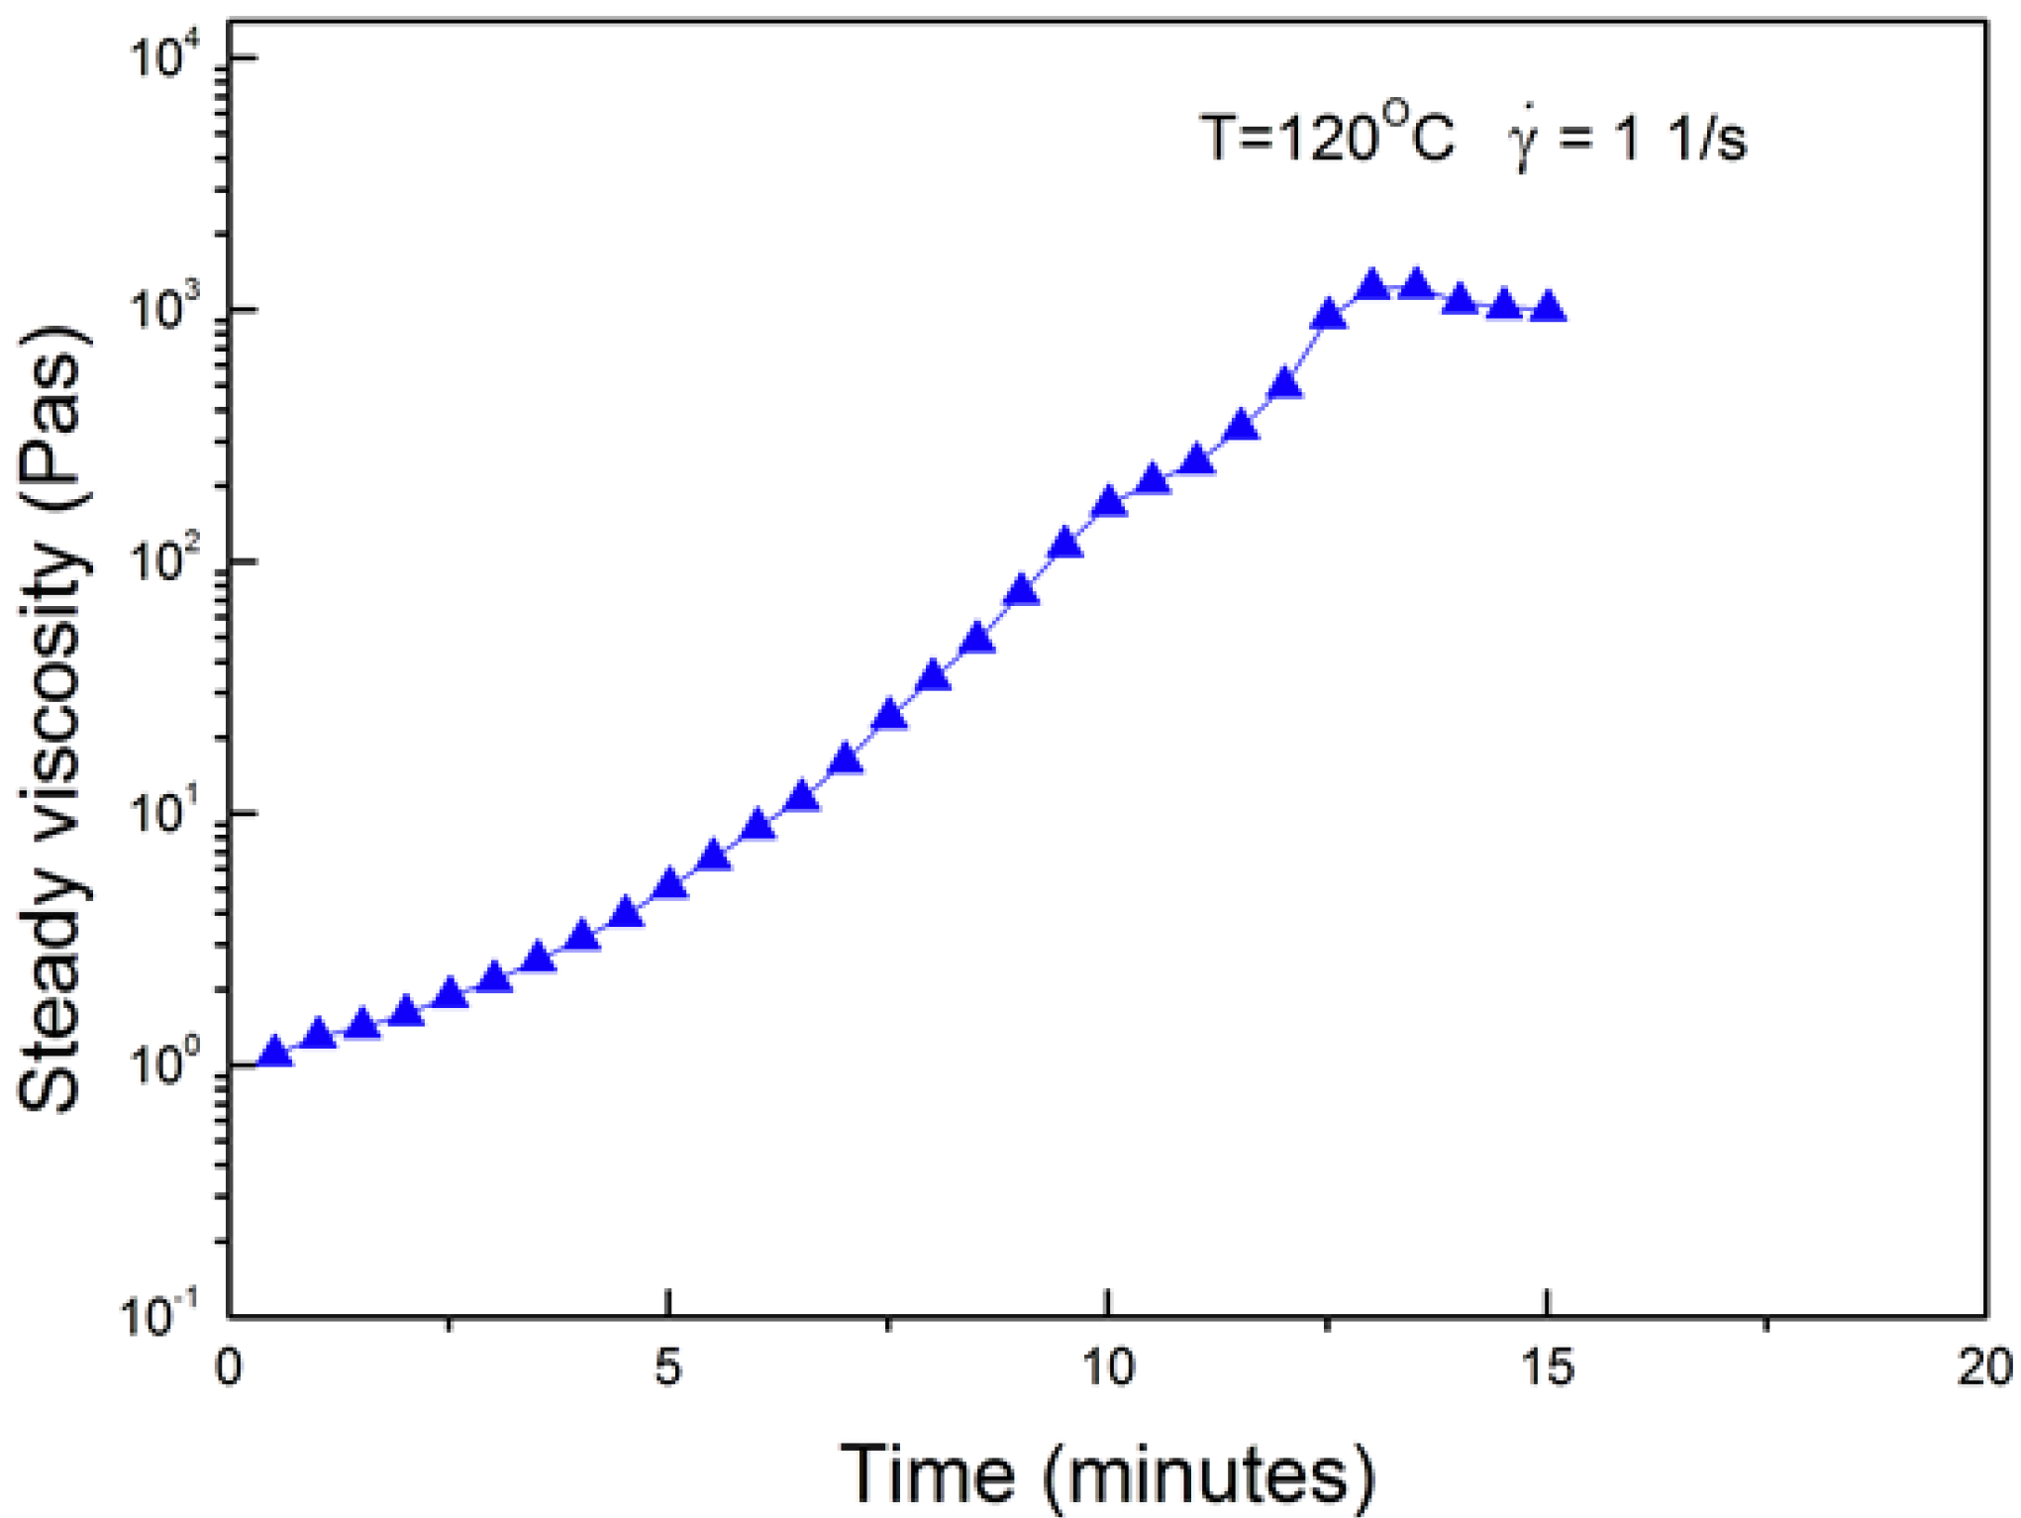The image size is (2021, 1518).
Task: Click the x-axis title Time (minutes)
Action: click(1107, 1474)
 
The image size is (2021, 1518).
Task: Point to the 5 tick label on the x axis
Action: click(668, 1367)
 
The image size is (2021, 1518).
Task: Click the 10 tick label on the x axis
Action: click(1107, 1367)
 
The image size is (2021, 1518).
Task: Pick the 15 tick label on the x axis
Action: click(1546, 1367)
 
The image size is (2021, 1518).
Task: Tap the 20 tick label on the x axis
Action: click(1984, 1367)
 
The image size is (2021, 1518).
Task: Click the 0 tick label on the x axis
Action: click(229, 1367)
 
